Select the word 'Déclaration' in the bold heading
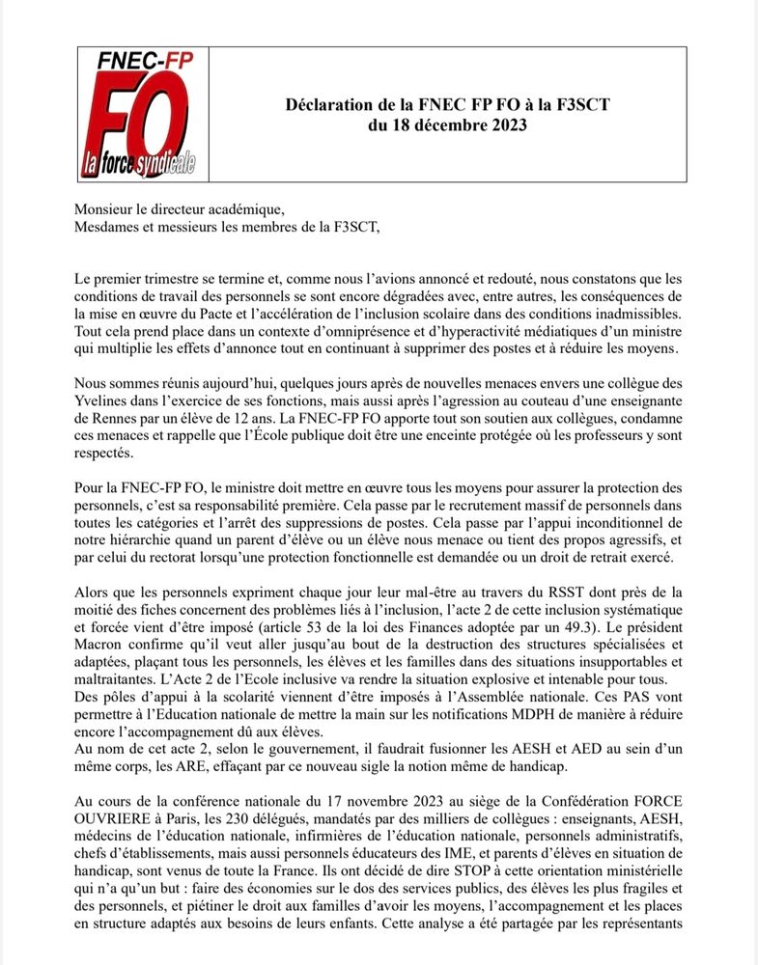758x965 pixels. (x=329, y=104)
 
